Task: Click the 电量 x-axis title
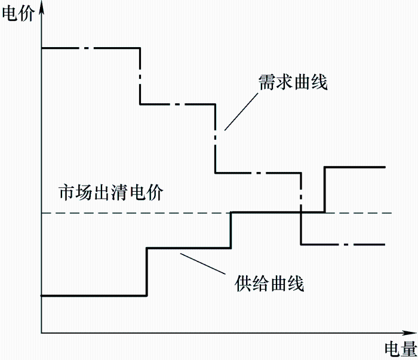click(x=398, y=349)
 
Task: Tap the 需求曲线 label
click(x=293, y=82)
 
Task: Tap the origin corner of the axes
click(x=41, y=332)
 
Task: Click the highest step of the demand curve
click(x=90, y=48)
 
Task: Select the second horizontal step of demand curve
click(x=177, y=104)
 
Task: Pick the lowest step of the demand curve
click(x=343, y=244)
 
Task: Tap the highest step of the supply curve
click(x=355, y=167)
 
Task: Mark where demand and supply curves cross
click(x=302, y=212)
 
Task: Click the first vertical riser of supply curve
click(x=147, y=272)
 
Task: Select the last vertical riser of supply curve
click(x=325, y=189)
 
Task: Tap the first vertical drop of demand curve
click(x=140, y=76)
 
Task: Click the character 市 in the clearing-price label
click(x=65, y=193)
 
